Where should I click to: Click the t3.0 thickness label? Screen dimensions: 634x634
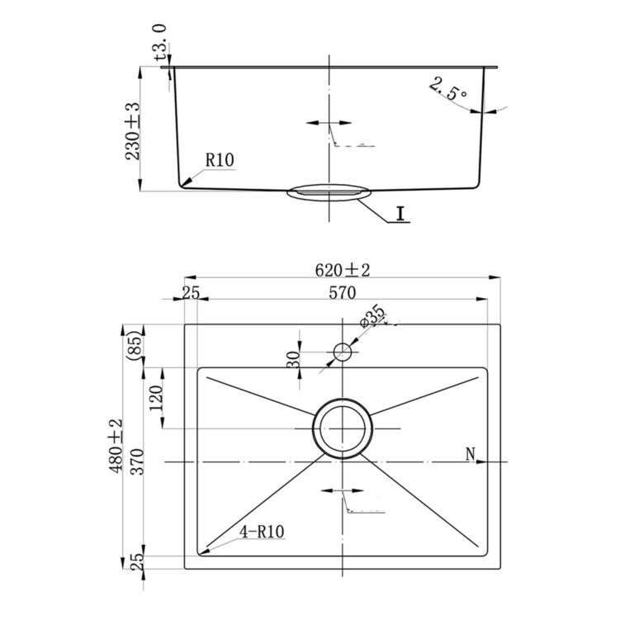[160, 42]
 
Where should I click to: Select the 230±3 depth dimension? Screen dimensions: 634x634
[133, 131]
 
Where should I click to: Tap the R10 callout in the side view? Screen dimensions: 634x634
[220, 160]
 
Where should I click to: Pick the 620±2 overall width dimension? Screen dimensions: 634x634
[343, 270]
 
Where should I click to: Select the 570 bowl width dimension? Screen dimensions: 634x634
[342, 292]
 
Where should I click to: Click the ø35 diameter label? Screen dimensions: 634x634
[372, 315]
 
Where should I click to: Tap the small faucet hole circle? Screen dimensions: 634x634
[343, 352]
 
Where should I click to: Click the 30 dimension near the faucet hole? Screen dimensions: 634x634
[293, 359]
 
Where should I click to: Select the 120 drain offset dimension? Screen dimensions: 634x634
[156, 398]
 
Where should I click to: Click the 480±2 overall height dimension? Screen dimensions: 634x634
[115, 446]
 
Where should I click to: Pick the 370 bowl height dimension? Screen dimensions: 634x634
[137, 461]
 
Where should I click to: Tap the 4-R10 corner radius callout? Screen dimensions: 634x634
[262, 532]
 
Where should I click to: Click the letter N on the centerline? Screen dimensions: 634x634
[470, 454]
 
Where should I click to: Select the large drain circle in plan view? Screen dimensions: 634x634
[343, 428]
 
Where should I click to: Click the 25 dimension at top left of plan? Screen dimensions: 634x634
[191, 292]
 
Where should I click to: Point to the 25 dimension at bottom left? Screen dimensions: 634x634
[138, 561]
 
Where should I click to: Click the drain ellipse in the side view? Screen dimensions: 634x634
[329, 192]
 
